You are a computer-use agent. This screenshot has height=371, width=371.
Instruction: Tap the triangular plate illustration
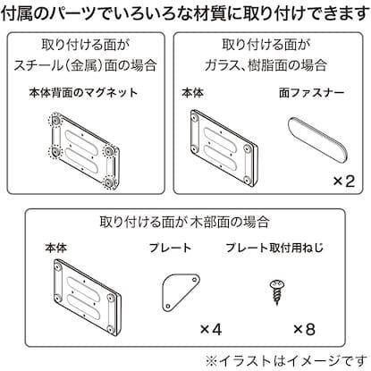(x=182, y=291)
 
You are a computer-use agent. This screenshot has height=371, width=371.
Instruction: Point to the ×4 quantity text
(x=210, y=329)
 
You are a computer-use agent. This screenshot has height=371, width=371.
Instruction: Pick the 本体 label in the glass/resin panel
(x=192, y=93)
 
